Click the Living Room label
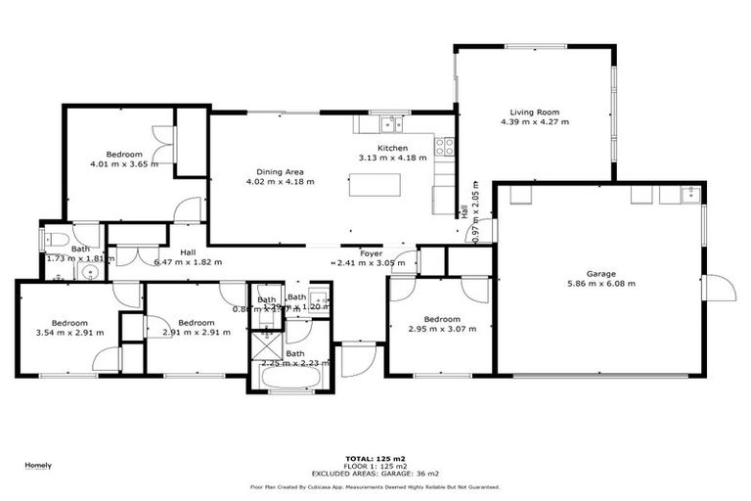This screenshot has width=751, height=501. coord(534,112)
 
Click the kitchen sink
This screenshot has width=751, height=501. coord(391,123)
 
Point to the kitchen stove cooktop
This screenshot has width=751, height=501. coord(445,147)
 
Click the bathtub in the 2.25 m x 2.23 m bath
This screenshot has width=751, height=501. coord(287,377)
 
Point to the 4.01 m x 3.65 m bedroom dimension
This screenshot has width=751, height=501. coord(124,164)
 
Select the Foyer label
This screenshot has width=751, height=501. coord(371,253)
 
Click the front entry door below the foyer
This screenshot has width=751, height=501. coord(354,359)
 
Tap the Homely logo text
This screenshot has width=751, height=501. coord(38,465)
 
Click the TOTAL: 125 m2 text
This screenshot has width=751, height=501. coord(375,458)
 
